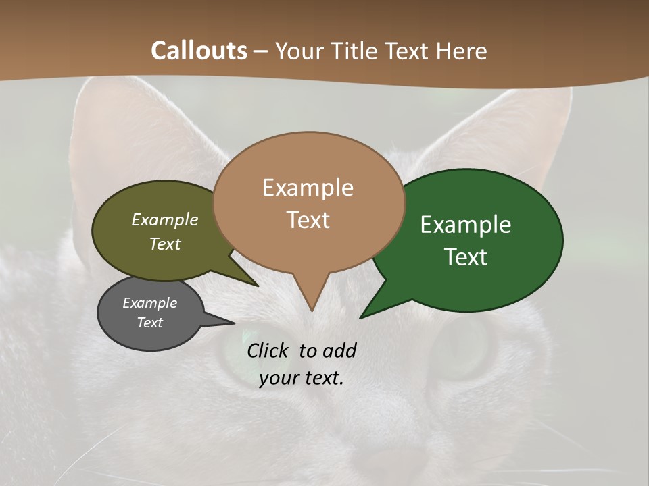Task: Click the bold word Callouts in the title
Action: tap(199, 51)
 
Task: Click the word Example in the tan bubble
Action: tap(308, 188)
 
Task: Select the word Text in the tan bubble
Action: tap(308, 220)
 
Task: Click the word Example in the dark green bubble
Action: tap(466, 225)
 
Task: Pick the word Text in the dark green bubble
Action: tap(466, 257)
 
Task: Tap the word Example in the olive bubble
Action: tap(165, 220)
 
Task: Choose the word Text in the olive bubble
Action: tap(165, 244)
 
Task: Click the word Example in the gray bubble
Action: tap(149, 303)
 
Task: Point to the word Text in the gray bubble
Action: tap(149, 323)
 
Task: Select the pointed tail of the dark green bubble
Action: tap(369, 311)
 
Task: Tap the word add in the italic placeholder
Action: tap(339, 350)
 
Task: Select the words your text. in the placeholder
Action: tap(302, 378)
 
